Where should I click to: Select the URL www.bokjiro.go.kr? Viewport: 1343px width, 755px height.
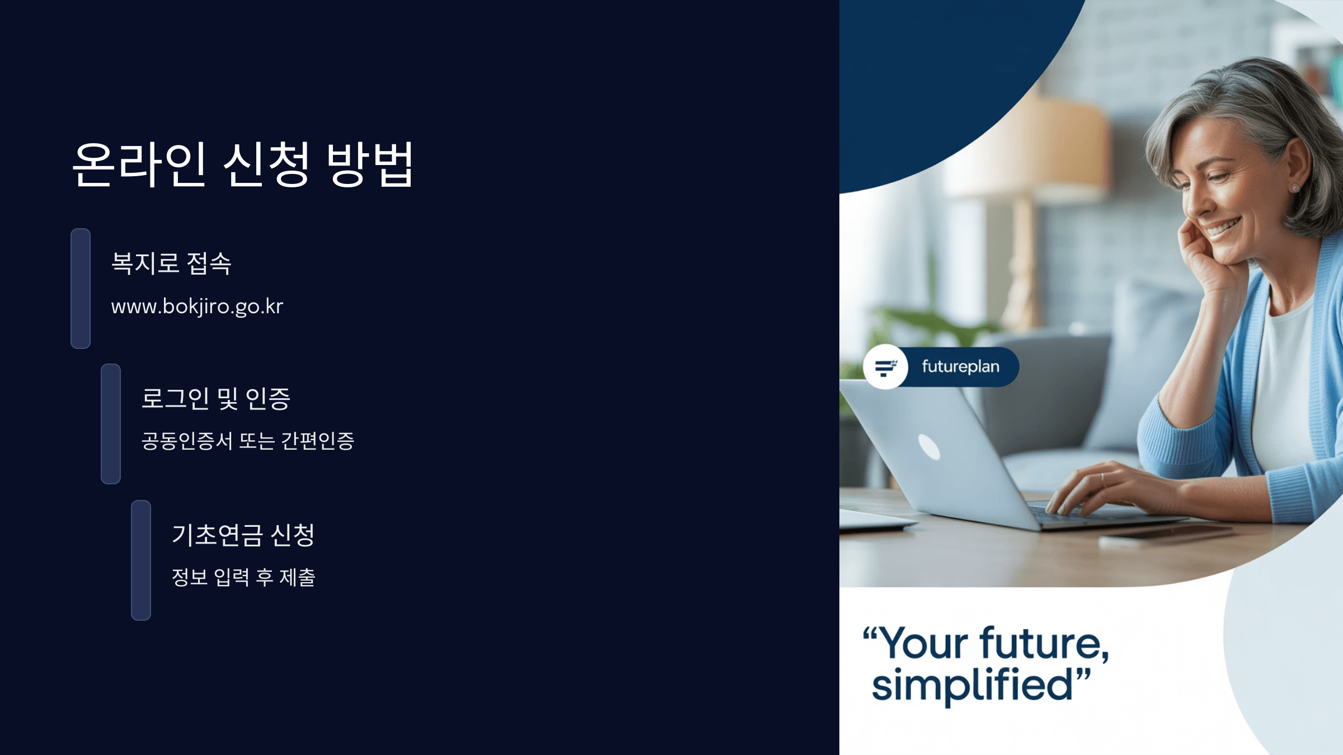(197, 306)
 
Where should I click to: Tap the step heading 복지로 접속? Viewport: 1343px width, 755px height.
(171, 263)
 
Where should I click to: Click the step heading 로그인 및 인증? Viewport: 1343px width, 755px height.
(215, 399)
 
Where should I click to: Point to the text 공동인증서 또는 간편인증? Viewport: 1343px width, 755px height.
(247, 441)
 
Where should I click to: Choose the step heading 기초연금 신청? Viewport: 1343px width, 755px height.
(243, 535)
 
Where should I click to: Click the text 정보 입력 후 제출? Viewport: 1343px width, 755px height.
(243, 577)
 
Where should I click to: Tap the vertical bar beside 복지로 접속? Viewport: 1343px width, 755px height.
(81, 288)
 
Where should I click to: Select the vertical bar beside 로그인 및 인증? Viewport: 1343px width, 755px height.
(111, 424)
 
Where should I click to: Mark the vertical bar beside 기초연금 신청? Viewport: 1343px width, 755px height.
(141, 560)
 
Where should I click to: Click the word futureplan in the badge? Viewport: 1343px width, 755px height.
(960, 367)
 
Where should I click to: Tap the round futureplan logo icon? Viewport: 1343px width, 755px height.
(885, 367)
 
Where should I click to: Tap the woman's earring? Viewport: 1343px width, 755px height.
(1294, 188)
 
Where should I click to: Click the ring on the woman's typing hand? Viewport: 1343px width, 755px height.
(1102, 477)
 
